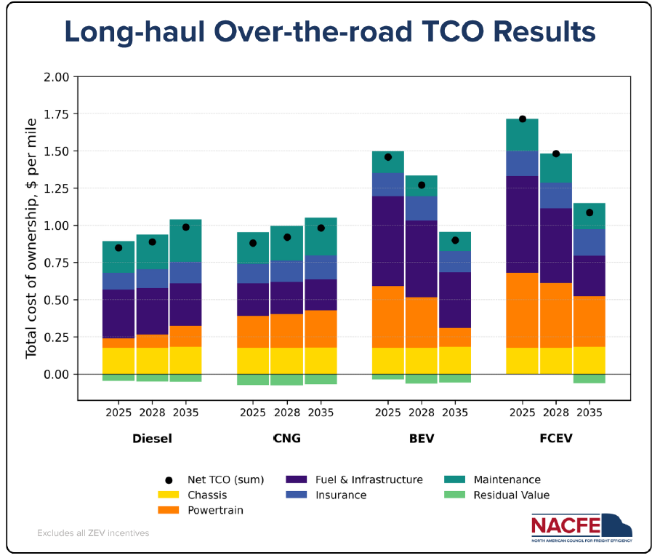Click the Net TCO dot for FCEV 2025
(x=523, y=119)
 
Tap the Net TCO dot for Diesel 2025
(x=118, y=248)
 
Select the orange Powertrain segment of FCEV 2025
(x=523, y=310)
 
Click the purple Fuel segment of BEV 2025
(x=387, y=241)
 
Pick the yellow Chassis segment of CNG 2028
(x=286, y=361)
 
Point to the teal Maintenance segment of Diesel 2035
(x=185, y=241)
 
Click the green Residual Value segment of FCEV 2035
(x=589, y=378)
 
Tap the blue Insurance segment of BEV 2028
(x=422, y=208)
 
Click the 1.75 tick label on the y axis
(x=56, y=114)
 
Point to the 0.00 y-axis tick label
(x=56, y=375)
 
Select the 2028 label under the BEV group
(x=422, y=412)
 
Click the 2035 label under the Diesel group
(x=185, y=412)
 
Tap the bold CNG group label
(x=286, y=439)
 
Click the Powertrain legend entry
(x=215, y=510)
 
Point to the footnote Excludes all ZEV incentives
(x=93, y=533)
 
